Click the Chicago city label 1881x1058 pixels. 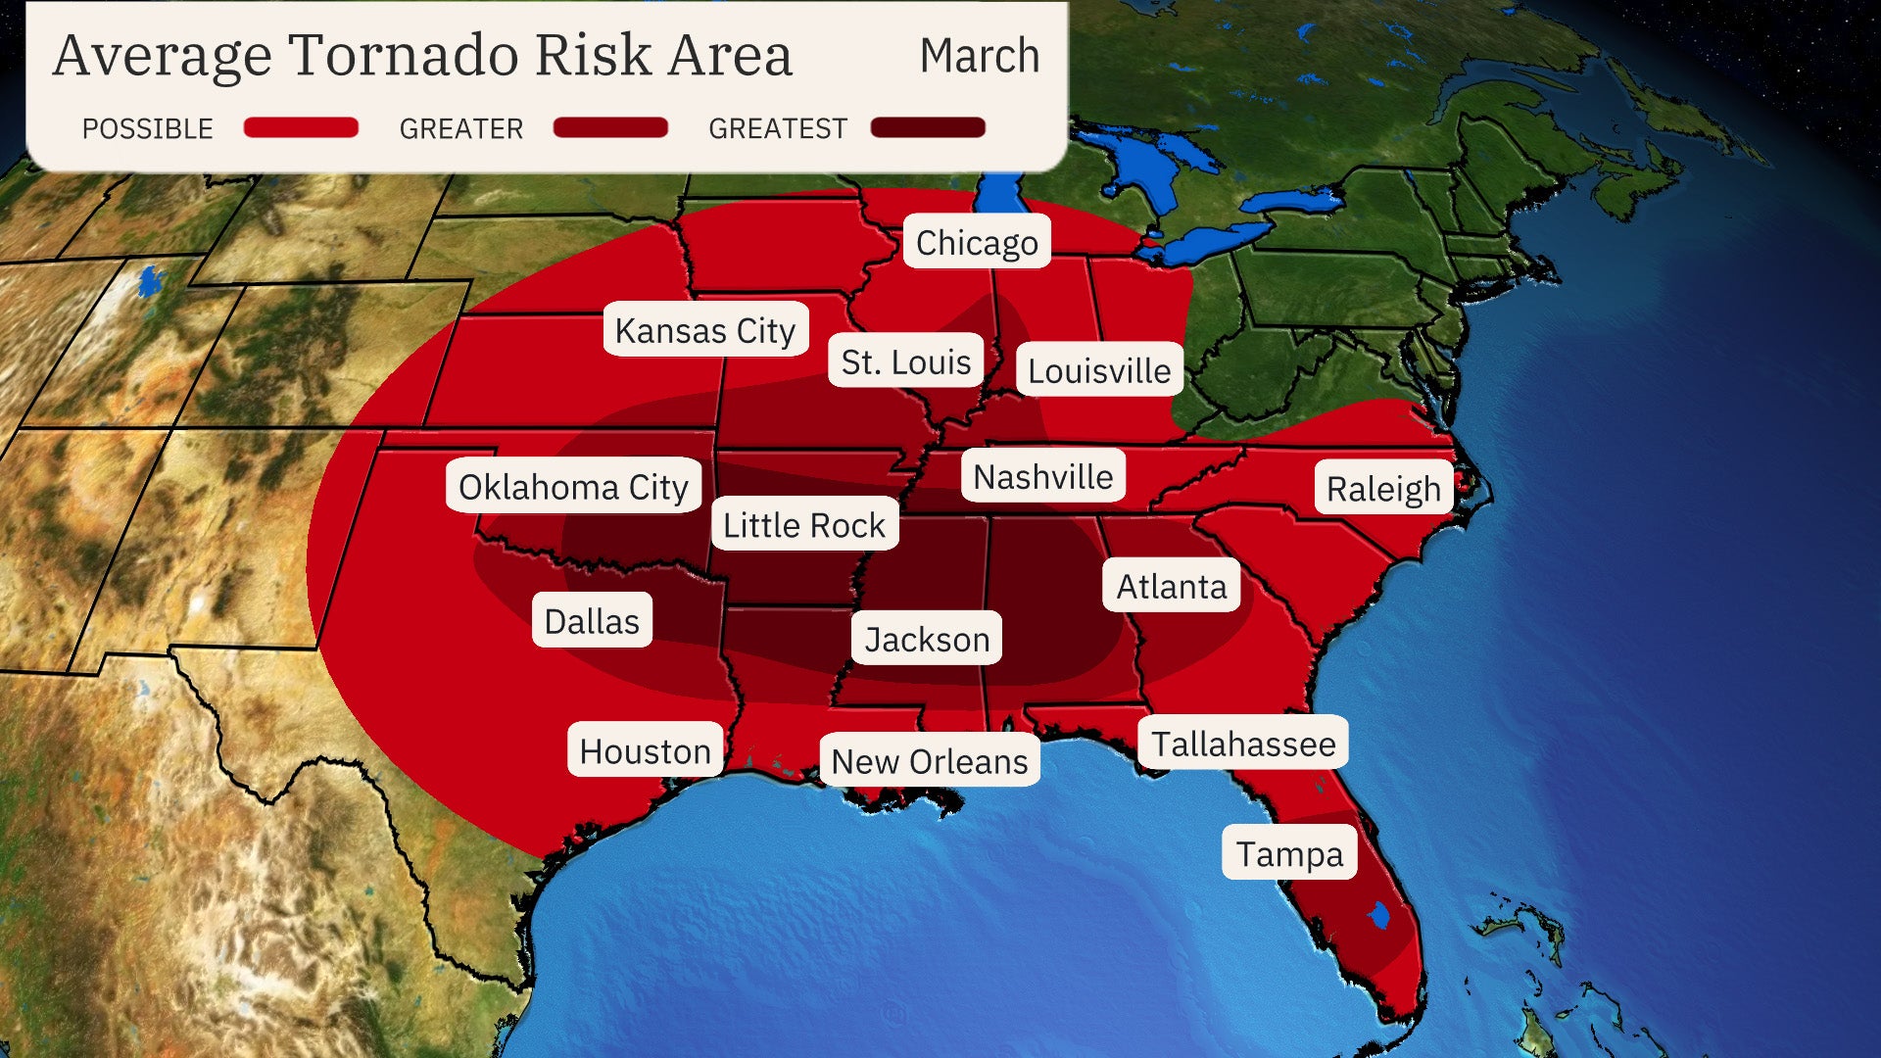[977, 242]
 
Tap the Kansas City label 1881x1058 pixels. [705, 330]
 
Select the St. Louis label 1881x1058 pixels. [905, 361]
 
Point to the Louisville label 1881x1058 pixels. [1099, 370]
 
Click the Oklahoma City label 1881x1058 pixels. [573, 486]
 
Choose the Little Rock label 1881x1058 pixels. [804, 524]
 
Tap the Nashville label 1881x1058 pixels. [1043, 476]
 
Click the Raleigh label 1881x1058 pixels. [1383, 488]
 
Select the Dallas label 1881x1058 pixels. [592, 620]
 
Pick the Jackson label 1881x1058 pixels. [927, 639]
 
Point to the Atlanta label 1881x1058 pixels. [1172, 586]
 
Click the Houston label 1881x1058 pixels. [645, 750]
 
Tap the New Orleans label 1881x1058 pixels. [930, 760]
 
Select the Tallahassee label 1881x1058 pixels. [1243, 744]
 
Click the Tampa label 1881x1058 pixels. [1289, 853]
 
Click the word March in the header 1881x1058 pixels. [980, 56]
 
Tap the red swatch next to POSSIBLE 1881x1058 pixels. [301, 127]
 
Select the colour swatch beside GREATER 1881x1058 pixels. [610, 127]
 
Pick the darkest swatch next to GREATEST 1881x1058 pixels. [928, 127]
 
